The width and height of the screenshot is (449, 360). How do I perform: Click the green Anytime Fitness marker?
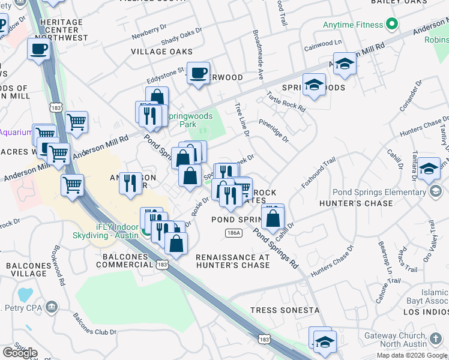393,25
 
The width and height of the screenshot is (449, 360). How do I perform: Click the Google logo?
20,353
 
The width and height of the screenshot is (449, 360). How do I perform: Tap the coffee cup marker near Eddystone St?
198,74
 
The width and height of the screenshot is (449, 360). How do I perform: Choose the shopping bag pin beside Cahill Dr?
273,217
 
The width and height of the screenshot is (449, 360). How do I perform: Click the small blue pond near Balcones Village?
25,295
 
